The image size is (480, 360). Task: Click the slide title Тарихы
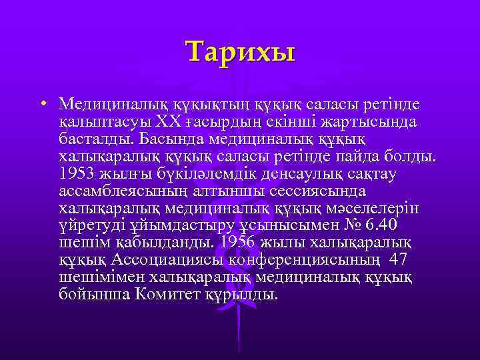pyautogui.click(x=240, y=51)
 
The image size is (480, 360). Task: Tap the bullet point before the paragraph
pyautogui.click(x=42, y=104)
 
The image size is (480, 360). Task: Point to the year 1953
pyautogui.click(x=77, y=173)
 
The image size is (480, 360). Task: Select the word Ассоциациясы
pyautogui.click(x=162, y=259)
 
